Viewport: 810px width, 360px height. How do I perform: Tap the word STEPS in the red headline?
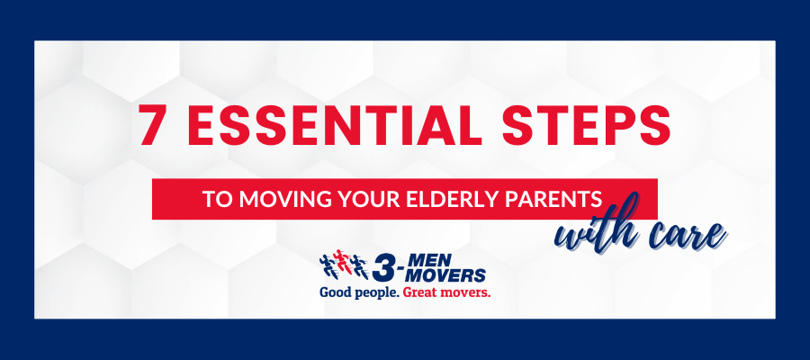tap(586, 124)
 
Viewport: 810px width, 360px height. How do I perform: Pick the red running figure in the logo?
tap(341, 261)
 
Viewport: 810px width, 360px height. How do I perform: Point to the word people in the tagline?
tap(375, 293)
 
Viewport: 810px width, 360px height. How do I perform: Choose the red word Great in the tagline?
tap(420, 292)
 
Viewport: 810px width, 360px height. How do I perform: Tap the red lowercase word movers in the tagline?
tap(465, 292)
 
